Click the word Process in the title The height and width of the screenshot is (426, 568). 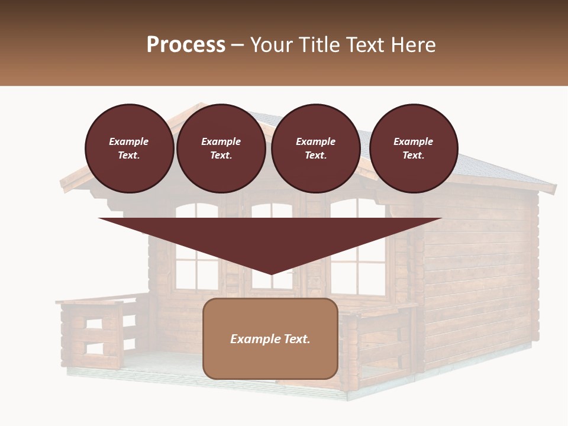186,45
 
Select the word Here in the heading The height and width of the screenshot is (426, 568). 412,45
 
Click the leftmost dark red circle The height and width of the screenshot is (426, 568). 130,149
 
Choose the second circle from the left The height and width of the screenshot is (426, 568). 221,149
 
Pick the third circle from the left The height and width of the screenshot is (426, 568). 316,149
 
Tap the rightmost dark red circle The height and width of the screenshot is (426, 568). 414,149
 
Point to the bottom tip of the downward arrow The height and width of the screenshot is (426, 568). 271,273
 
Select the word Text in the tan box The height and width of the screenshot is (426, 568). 297,339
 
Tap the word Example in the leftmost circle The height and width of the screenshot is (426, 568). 129,141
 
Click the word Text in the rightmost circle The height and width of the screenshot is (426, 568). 412,156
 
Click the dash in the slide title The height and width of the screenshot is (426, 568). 238,45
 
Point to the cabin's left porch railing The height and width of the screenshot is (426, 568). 95,331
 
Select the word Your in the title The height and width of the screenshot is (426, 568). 270,45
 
